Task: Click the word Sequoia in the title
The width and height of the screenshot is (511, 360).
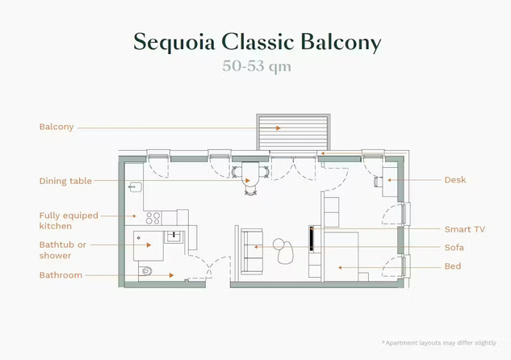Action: click(174, 42)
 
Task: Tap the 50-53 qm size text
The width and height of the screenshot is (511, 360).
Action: click(257, 66)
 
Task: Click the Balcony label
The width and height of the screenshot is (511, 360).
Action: click(57, 127)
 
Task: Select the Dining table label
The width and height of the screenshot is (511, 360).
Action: click(65, 181)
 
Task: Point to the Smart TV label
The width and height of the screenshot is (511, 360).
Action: click(465, 229)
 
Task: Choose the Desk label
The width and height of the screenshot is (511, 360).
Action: click(455, 180)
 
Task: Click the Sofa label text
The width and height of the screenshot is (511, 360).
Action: click(454, 248)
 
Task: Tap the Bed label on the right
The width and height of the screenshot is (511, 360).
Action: click(453, 266)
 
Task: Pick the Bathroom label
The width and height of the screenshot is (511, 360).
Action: click(61, 275)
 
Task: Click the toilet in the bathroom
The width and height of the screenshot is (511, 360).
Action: click(146, 270)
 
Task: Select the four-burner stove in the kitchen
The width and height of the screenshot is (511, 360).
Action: click(153, 218)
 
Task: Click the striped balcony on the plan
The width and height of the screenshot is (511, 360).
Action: click(293, 132)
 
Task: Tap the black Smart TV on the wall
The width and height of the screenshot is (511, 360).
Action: click(312, 238)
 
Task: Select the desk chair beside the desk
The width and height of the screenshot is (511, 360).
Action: click(378, 182)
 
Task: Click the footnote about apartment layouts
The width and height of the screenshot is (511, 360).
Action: click(439, 343)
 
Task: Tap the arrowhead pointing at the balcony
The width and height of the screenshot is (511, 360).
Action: click(279, 128)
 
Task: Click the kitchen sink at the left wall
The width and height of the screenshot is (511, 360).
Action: click(136, 187)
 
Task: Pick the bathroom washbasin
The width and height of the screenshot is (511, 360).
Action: click(174, 236)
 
